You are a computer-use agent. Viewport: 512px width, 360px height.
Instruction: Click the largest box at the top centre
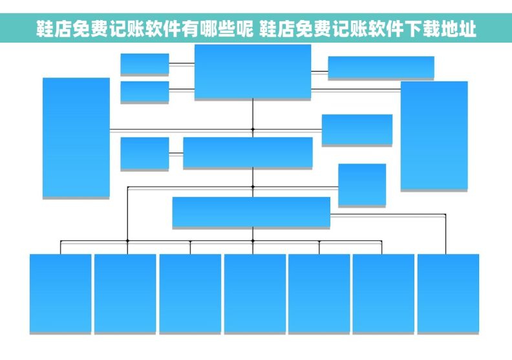252,71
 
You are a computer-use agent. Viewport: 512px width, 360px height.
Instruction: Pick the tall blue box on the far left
76,137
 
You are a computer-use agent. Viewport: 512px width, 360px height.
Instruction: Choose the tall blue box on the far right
434,135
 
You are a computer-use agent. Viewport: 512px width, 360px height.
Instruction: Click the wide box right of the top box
381,67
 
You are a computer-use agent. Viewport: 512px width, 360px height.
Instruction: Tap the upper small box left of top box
144,63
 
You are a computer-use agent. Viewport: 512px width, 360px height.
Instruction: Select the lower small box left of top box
144,91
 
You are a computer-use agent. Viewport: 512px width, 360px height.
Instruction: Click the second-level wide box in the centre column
248,153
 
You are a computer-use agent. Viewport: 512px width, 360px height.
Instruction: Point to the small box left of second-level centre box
144,153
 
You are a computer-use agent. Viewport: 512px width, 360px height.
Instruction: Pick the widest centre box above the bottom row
251,212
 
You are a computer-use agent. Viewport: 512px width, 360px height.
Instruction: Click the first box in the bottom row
60,293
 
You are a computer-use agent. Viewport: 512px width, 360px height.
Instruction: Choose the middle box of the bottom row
255,293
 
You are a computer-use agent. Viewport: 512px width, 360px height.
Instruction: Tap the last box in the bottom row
448,293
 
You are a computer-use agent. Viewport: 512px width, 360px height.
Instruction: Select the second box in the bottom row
125,293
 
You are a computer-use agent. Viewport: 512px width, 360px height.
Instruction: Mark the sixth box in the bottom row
383,293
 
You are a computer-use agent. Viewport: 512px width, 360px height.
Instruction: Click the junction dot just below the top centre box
253,129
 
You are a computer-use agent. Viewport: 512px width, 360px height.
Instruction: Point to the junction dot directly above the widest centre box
253,187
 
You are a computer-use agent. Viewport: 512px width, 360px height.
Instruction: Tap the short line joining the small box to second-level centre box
176,153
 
